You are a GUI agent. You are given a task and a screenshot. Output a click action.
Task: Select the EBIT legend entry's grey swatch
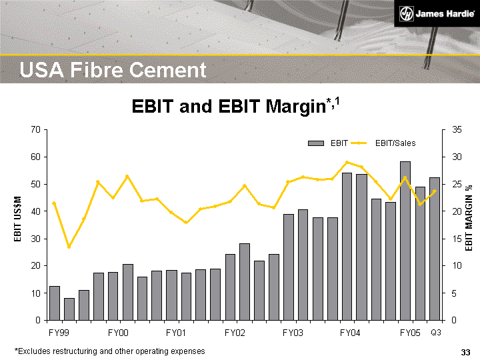(315, 143)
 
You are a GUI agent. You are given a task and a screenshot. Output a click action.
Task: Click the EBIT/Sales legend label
(395, 143)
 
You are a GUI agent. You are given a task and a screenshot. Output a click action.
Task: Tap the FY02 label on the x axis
(235, 332)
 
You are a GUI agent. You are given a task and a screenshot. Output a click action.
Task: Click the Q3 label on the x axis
(435, 332)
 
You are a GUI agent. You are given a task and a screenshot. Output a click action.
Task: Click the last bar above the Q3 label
(435, 248)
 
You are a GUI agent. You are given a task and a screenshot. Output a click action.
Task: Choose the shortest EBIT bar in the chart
(69, 309)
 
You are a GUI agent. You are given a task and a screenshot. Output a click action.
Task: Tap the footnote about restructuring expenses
(110, 351)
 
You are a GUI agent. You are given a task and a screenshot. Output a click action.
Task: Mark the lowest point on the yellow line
(69, 247)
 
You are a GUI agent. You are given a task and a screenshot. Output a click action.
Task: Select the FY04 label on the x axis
(351, 332)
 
